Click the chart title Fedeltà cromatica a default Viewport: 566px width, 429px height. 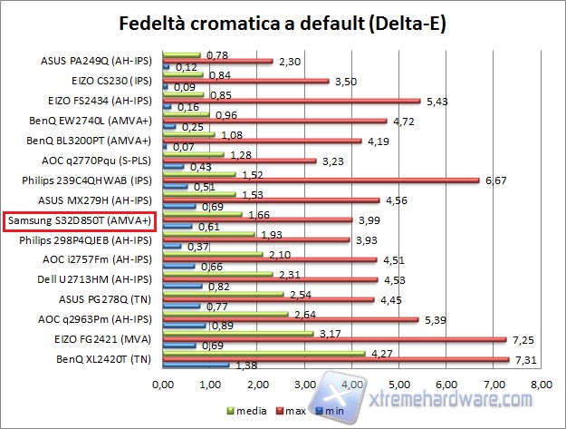point(283,22)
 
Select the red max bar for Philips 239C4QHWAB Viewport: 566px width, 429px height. point(321,180)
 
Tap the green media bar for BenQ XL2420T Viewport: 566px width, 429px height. point(264,353)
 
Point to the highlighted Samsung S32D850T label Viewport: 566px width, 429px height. point(80,220)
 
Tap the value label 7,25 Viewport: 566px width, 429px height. point(522,339)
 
